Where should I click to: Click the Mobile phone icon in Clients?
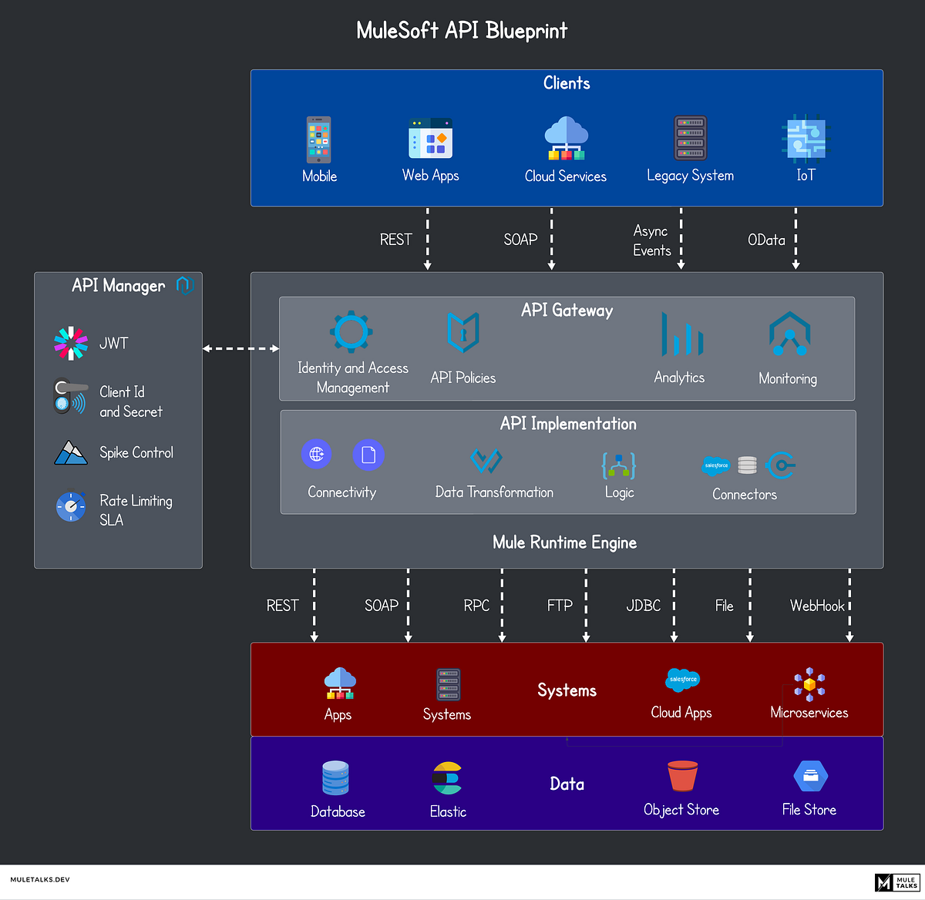pyautogui.click(x=318, y=139)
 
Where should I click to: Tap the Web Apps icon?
pyautogui.click(x=430, y=139)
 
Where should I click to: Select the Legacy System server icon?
pyautogui.click(x=690, y=138)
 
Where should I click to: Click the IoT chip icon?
pyautogui.click(x=804, y=138)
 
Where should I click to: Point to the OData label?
pyautogui.click(x=766, y=240)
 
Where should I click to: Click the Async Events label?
pyautogui.click(x=652, y=240)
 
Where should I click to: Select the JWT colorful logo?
pyautogui.click(x=71, y=344)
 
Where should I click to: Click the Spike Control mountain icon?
pyautogui.click(x=71, y=452)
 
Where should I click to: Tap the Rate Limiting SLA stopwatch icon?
pyautogui.click(x=71, y=506)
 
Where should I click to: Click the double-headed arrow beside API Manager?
pyautogui.click(x=240, y=348)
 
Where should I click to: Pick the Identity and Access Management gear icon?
pyautogui.click(x=351, y=332)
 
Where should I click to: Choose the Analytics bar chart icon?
pyautogui.click(x=681, y=334)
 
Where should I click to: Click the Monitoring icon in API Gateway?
pyautogui.click(x=789, y=334)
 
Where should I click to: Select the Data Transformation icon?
pyautogui.click(x=486, y=461)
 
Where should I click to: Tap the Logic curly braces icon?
pyautogui.click(x=618, y=465)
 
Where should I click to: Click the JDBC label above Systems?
pyautogui.click(x=644, y=606)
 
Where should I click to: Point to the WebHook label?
pyautogui.click(x=817, y=606)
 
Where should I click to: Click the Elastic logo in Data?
pyautogui.click(x=447, y=778)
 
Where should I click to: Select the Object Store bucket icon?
pyautogui.click(x=682, y=776)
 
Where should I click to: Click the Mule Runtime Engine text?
pyautogui.click(x=564, y=542)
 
